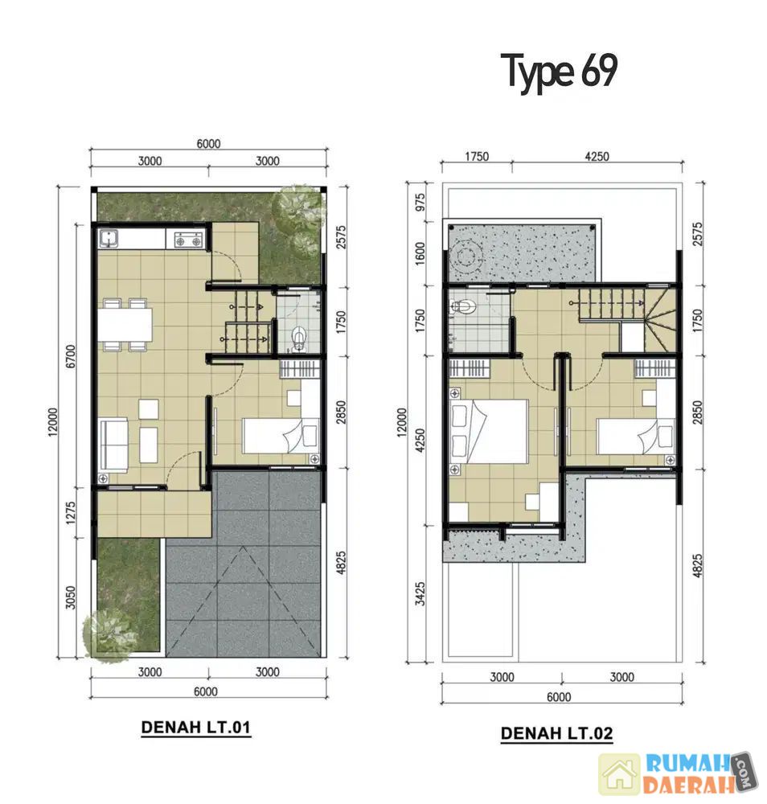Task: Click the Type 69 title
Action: click(x=559, y=72)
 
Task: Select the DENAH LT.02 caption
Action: click(x=557, y=733)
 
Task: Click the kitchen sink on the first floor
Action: click(x=109, y=239)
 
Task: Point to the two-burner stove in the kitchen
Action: click(x=189, y=239)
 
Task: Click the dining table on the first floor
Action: click(x=126, y=325)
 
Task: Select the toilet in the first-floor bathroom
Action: click(x=299, y=339)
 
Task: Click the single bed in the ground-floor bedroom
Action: click(x=281, y=435)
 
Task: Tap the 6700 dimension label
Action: click(x=71, y=356)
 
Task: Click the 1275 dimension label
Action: click(x=71, y=512)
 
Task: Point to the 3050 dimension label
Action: click(x=71, y=597)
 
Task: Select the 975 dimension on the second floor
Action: click(x=420, y=203)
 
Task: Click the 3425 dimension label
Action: click(x=420, y=594)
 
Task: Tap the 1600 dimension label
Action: click(x=420, y=253)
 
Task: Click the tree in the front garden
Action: click(x=110, y=634)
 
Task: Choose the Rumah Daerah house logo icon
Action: click(x=620, y=775)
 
